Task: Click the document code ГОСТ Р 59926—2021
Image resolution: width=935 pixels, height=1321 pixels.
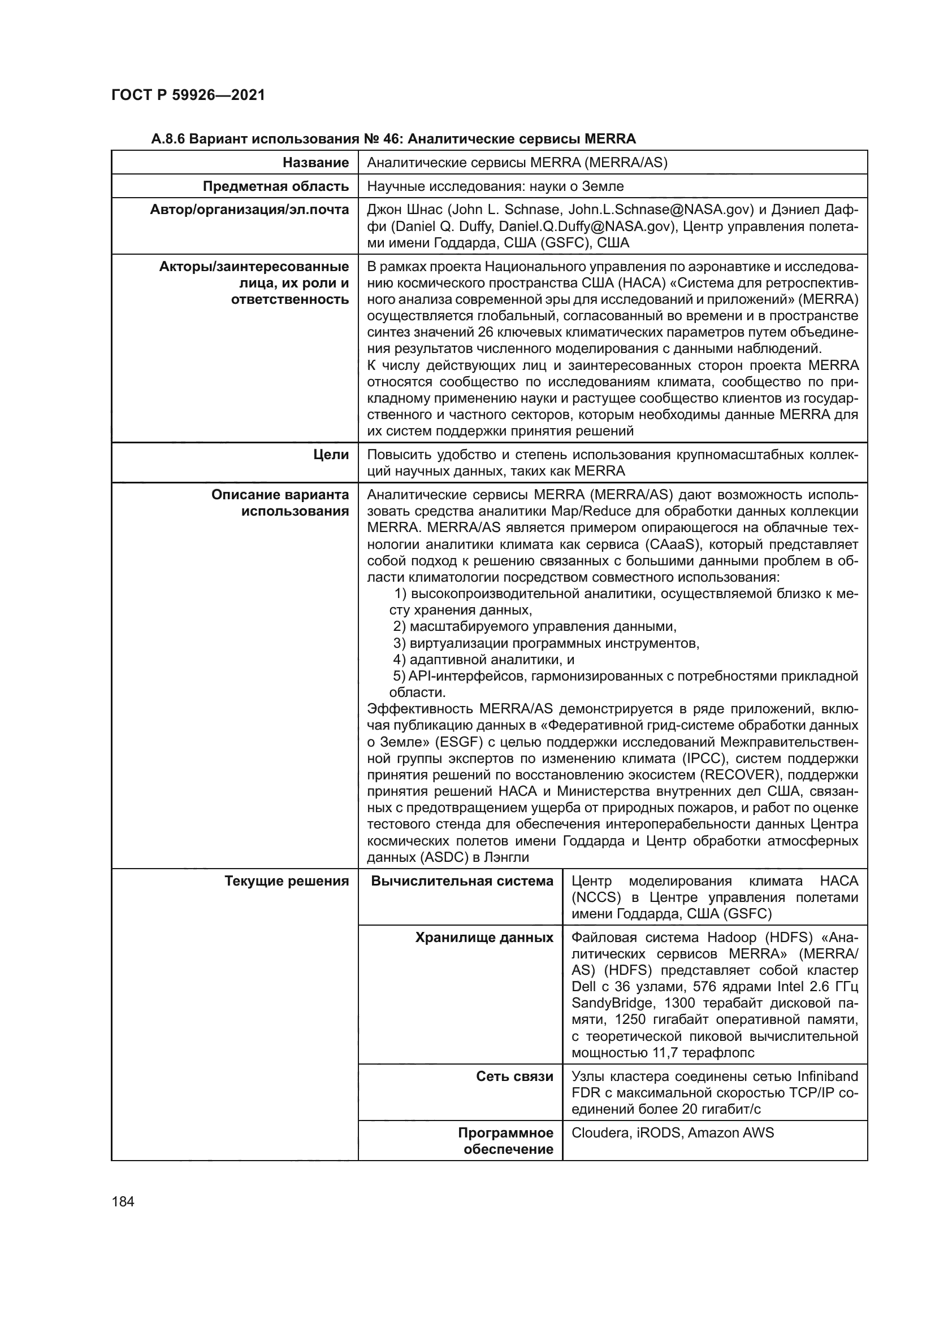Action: (x=188, y=95)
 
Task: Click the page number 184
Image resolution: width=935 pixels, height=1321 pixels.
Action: (x=123, y=1202)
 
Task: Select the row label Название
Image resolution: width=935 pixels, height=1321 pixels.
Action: (x=315, y=163)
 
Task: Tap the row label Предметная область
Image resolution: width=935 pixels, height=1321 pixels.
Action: (x=276, y=186)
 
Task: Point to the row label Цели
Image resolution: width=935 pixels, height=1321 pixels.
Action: (x=331, y=455)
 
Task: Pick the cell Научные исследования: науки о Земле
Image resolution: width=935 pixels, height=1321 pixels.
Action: (x=495, y=186)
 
